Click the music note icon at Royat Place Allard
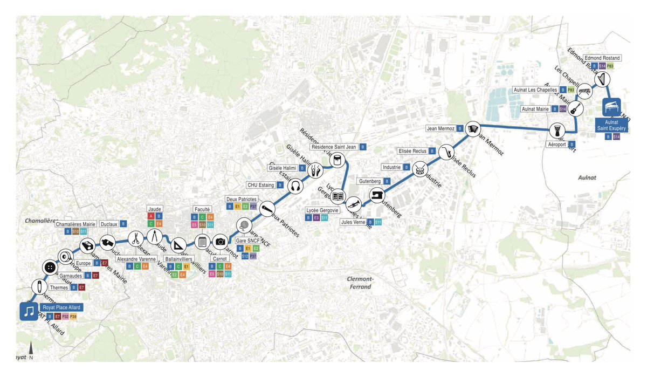pyautogui.click(x=29, y=311)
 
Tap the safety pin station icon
pyautogui.click(x=39, y=286)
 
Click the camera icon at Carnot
pyautogui.click(x=220, y=242)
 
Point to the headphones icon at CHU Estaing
pyautogui.click(x=294, y=187)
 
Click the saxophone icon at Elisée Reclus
pyautogui.click(x=447, y=152)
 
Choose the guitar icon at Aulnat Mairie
pyautogui.click(x=575, y=108)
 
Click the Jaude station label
pyautogui.click(x=154, y=209)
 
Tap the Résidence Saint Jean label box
pyautogui.click(x=334, y=147)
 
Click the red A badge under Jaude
pyautogui.click(x=151, y=216)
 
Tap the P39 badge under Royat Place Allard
pyautogui.click(x=73, y=316)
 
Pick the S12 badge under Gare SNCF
pyautogui.click(x=245, y=256)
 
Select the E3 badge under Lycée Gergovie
pyautogui.click(x=316, y=218)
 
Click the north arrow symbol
pyautogui.click(x=31, y=349)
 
